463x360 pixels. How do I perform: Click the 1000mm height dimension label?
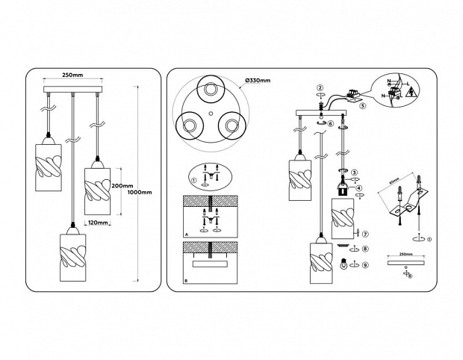(140, 193)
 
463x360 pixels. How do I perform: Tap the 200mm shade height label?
(122, 186)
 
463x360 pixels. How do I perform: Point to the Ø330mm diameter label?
(257, 80)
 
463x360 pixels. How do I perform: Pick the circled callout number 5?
(362, 106)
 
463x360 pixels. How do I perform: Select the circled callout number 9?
(365, 264)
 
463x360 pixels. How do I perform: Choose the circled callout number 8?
(365, 248)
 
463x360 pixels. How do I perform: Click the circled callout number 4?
(360, 189)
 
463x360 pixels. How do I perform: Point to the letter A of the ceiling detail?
(186, 234)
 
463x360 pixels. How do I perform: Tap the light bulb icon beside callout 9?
(344, 264)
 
